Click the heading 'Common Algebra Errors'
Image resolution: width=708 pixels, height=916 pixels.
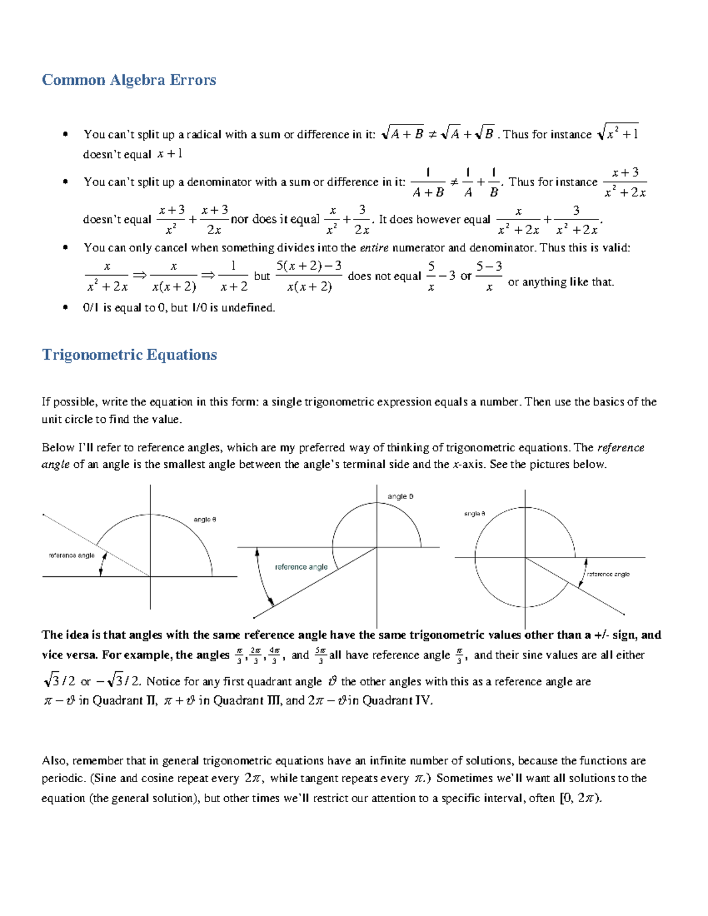(129, 80)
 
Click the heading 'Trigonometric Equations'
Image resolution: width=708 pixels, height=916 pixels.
(129, 355)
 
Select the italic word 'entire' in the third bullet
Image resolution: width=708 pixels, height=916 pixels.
(374, 248)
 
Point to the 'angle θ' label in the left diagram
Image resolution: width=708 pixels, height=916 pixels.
(205, 520)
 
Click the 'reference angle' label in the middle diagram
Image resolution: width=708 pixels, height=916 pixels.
(301, 567)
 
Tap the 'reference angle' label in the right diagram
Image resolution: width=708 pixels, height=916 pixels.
(608, 574)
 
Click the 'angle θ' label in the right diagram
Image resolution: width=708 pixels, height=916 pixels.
(474, 514)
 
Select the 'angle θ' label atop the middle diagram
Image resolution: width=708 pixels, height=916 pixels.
(400, 497)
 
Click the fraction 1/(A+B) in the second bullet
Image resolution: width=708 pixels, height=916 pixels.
(428, 183)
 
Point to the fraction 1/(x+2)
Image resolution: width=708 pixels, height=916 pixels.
(233, 276)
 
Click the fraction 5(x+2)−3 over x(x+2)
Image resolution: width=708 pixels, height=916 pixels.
(309, 276)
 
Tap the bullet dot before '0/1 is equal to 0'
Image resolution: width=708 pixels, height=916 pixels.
(65, 307)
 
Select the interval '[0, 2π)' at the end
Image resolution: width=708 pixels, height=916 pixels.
(581, 798)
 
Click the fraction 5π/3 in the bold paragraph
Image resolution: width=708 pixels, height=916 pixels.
(320, 655)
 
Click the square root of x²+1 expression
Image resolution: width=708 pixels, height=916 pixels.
(618, 134)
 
